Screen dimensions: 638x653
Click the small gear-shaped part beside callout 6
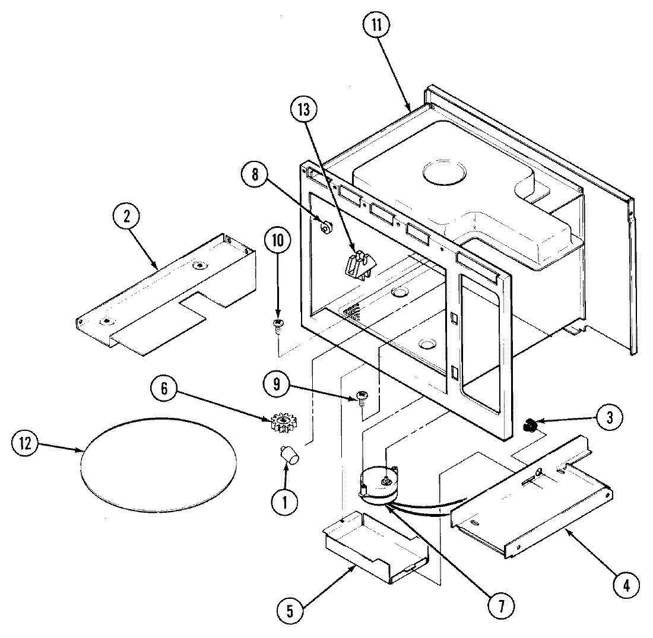tap(283, 423)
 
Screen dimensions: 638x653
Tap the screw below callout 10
tap(277, 324)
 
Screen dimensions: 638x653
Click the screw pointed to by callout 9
tap(361, 396)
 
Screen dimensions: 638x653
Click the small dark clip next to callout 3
tap(530, 426)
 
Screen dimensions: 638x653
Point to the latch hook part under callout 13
tap(358, 264)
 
